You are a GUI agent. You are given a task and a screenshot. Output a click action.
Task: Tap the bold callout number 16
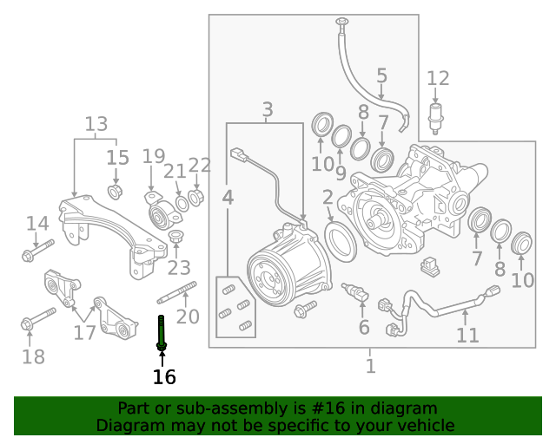click(164, 377)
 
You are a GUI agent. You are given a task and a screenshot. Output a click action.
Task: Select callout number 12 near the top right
click(438, 79)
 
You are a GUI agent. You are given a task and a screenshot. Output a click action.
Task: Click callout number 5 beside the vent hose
click(381, 75)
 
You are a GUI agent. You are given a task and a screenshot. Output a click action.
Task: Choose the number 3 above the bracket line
click(268, 110)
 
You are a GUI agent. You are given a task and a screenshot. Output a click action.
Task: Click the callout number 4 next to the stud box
click(228, 199)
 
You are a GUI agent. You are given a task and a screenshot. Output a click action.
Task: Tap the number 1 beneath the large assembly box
click(371, 366)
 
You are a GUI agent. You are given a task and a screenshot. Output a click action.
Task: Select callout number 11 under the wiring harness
click(467, 336)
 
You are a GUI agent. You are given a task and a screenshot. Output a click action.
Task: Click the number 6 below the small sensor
click(364, 327)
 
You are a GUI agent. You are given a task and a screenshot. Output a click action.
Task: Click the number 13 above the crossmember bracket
click(96, 124)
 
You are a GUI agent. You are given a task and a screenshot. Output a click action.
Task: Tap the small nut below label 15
click(114, 189)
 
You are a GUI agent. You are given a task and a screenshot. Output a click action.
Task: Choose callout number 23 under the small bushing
click(179, 267)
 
